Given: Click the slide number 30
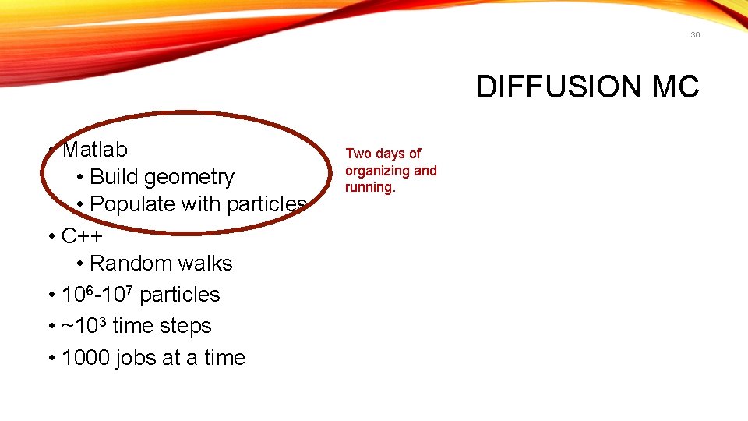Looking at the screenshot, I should click(695, 35).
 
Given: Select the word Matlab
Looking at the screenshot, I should click(95, 148).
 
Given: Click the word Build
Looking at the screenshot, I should click(115, 177).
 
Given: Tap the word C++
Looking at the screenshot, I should click(82, 235).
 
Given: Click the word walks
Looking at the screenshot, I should click(205, 263).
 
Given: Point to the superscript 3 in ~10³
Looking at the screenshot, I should click(102, 320).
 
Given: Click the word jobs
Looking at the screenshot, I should click(136, 358).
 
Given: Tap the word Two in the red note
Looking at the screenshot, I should click(358, 154).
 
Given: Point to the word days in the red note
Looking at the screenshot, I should click(391, 154).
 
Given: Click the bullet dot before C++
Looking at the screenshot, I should click(50, 236).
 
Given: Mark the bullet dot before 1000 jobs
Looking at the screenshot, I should click(50, 358).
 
